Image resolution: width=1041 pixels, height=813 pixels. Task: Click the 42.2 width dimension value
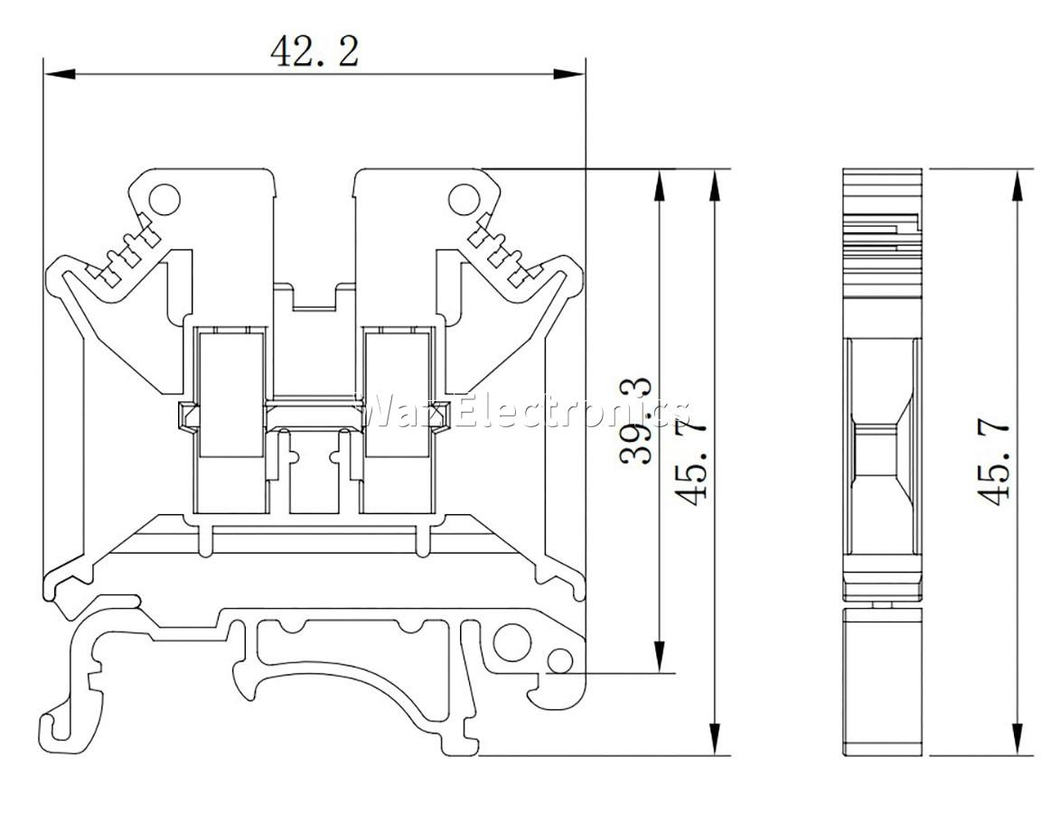coord(314,51)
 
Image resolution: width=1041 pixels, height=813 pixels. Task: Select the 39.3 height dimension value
coord(636,421)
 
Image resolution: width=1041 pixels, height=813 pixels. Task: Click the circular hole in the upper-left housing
coord(164,199)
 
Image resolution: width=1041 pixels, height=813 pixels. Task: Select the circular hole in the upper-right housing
coord(464,199)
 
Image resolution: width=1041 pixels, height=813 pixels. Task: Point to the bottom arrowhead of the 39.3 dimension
coord(659,657)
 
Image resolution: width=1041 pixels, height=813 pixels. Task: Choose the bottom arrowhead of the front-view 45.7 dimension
coord(715,739)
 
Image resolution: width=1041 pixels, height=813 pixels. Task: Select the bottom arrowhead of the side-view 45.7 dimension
coord(1017,739)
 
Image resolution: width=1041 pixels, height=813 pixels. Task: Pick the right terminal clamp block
coord(397,396)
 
